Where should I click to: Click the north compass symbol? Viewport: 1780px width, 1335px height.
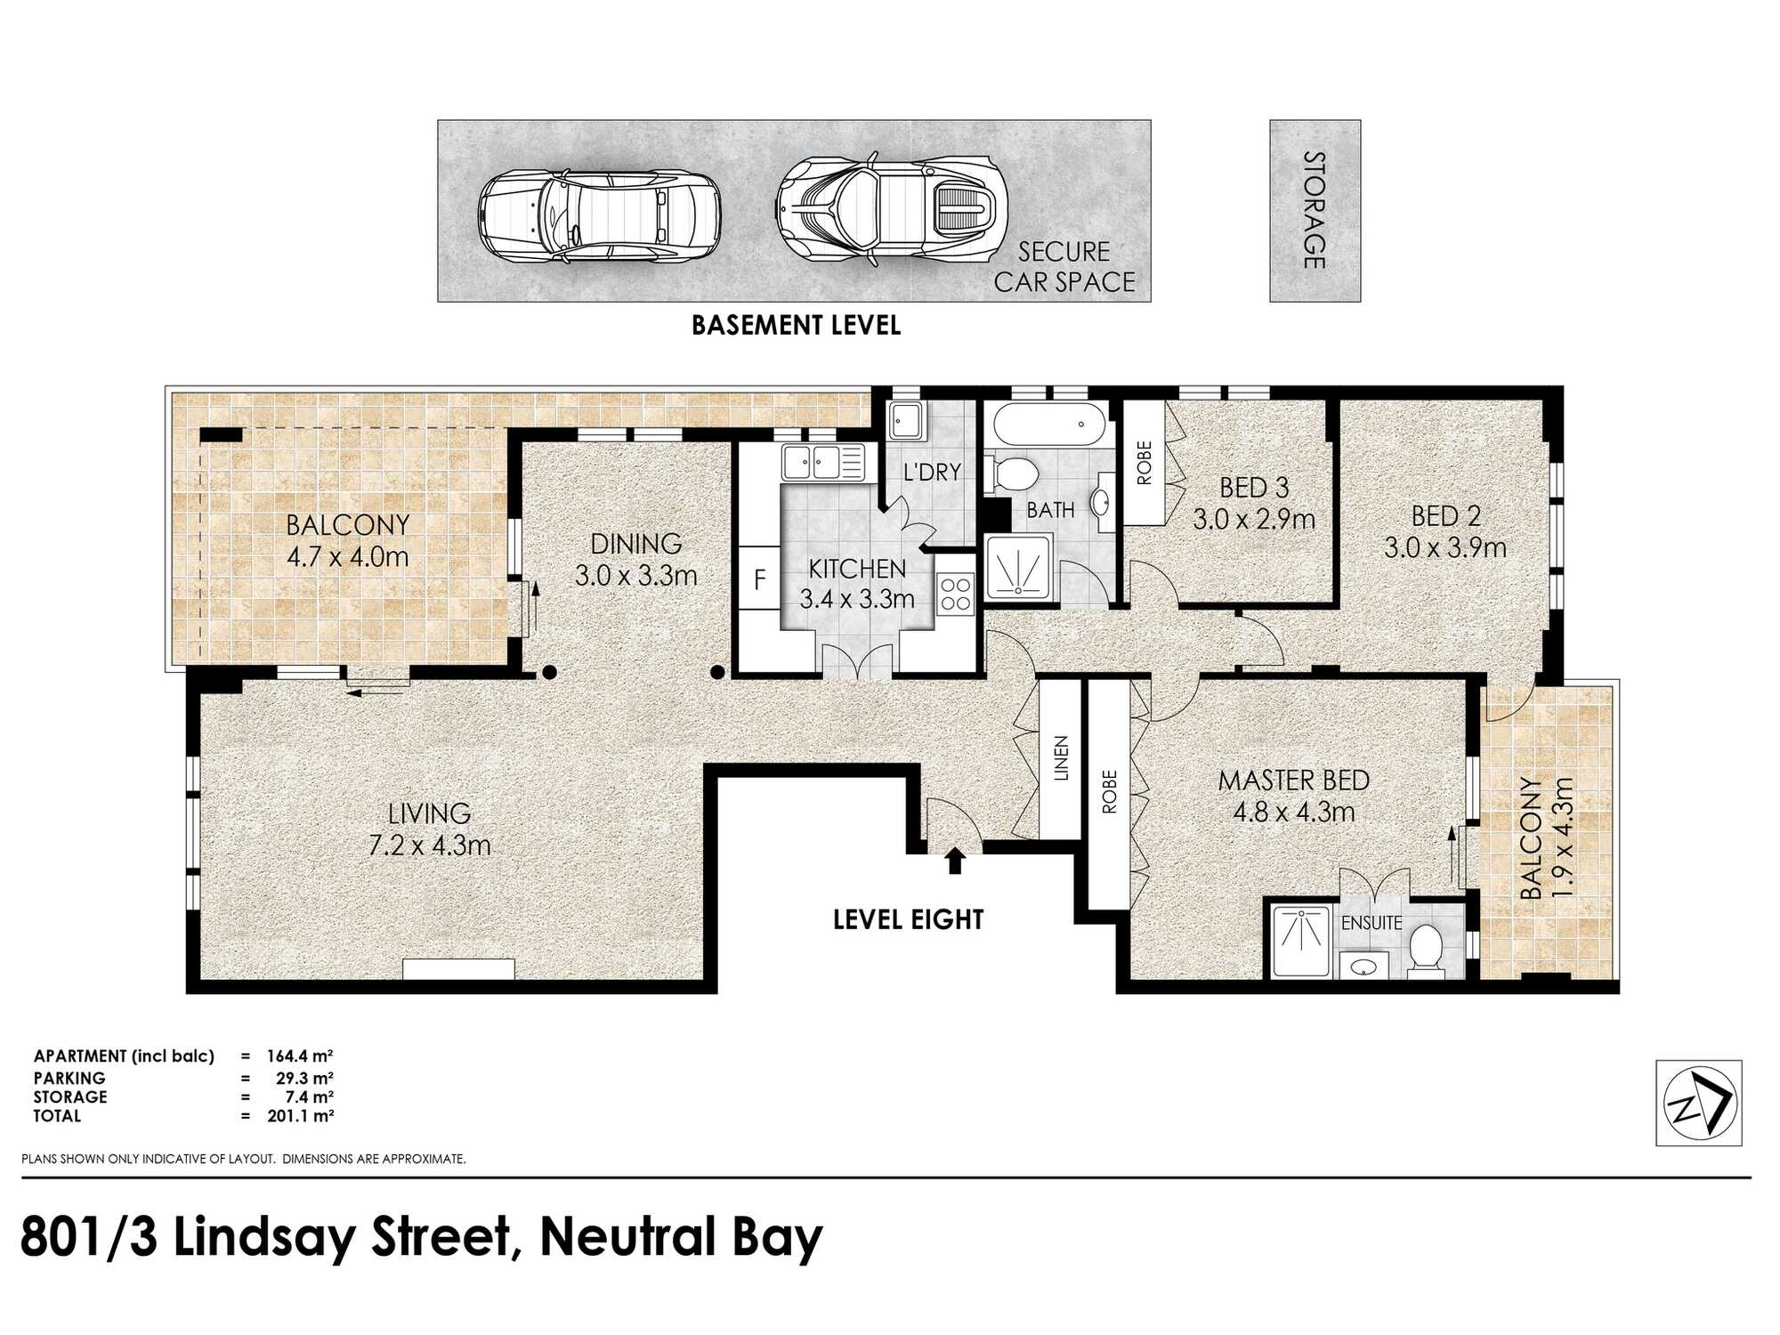[x=1698, y=1103]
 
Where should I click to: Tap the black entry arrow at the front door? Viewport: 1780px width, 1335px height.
[x=955, y=861]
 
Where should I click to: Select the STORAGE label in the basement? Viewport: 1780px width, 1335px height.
[x=1315, y=210]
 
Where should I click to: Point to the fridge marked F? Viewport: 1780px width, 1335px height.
[x=759, y=579]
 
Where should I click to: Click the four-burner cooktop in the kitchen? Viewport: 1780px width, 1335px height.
[x=956, y=594]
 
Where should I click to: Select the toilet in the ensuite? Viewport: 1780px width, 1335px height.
[x=1426, y=951]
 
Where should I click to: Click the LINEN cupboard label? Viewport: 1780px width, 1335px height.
[x=1061, y=758]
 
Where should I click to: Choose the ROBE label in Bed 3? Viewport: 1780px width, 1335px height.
[x=1144, y=463]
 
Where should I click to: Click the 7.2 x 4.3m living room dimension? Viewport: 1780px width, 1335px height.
[x=430, y=845]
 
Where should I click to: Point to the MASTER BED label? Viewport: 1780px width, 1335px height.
[x=1293, y=781]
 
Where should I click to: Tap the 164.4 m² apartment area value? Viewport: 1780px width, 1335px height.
[x=300, y=1056]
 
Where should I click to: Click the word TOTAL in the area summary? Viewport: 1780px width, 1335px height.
[x=57, y=1116]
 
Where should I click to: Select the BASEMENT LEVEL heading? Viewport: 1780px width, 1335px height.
[x=797, y=326]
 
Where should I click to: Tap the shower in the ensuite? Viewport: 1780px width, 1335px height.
[x=1301, y=940]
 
